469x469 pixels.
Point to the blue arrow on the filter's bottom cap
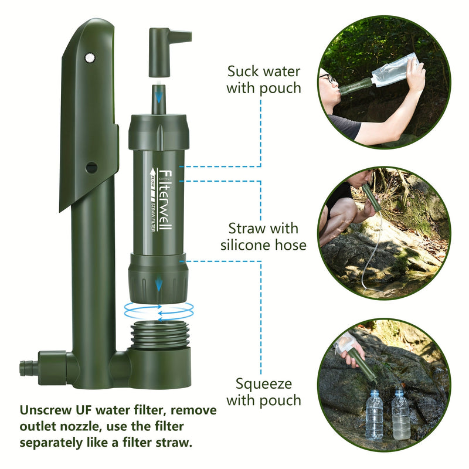pyautogui.click(x=158, y=286)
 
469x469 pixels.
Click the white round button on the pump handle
pyautogui.click(x=90, y=57)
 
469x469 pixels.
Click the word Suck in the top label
pyautogui.click(x=243, y=72)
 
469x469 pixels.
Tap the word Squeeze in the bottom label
pyautogui.click(x=264, y=384)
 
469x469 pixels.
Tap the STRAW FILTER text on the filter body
pyautogui.click(x=154, y=217)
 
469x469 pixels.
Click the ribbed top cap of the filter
pyautogui.click(x=158, y=132)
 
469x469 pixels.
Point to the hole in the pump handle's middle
pyautogui.click(x=91, y=167)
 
